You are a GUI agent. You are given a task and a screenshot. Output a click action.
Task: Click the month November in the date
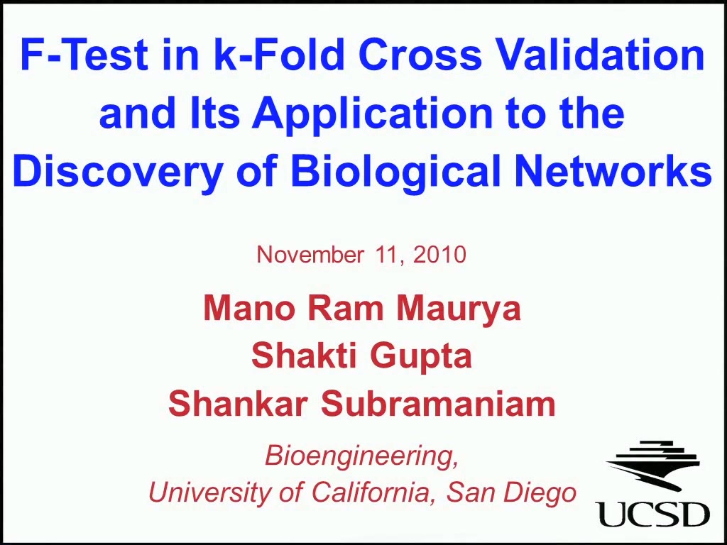coord(310,255)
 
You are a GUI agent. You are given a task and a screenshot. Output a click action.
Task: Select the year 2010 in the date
coord(439,255)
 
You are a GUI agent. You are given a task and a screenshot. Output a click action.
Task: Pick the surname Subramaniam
coord(438,404)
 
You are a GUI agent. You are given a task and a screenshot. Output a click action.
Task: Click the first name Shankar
coord(239,404)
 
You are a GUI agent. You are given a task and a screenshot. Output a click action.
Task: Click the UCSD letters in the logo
coord(654,513)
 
